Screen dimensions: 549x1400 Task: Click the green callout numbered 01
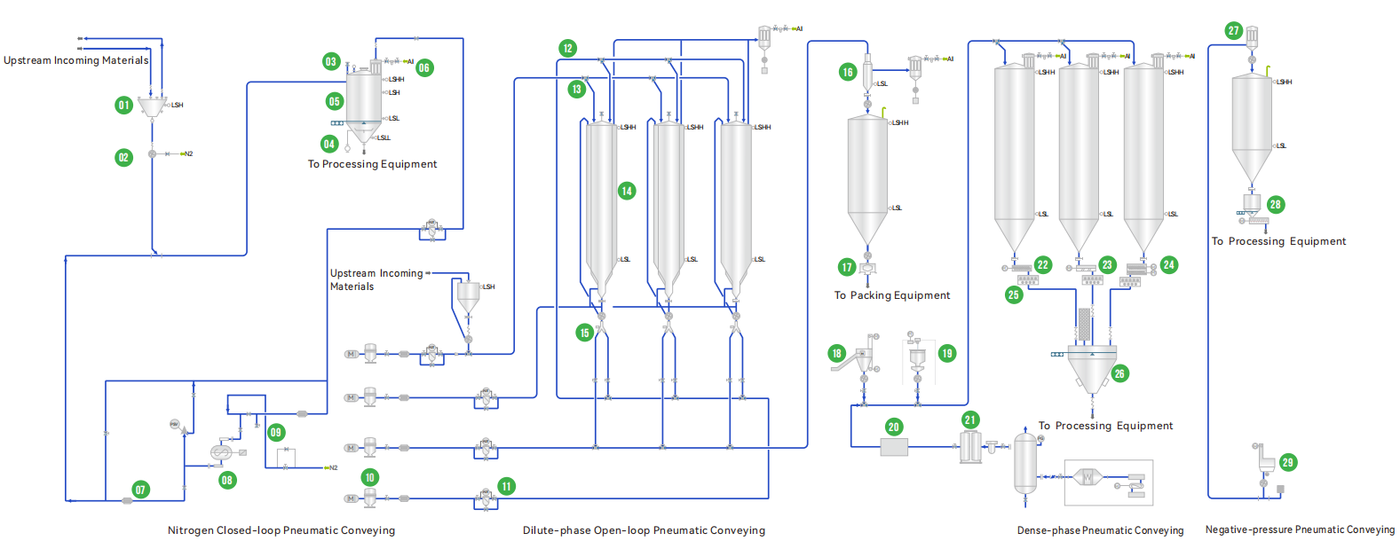point(123,106)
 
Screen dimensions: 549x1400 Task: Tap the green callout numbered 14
point(627,191)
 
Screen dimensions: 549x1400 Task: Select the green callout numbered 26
point(1119,373)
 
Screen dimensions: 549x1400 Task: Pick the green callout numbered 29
point(1288,462)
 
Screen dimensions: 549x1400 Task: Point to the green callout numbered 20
point(894,427)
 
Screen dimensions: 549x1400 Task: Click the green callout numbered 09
point(276,433)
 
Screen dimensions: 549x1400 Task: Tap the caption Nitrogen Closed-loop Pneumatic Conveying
point(281,530)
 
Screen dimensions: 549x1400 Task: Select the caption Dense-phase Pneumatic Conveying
point(1100,530)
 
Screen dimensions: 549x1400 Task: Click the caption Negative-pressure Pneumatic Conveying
point(1300,529)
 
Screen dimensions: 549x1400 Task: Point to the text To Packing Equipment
point(891,295)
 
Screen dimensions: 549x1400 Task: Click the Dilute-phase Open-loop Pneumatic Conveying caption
point(644,530)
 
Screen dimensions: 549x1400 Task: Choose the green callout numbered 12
point(568,48)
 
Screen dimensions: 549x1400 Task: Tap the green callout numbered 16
point(848,73)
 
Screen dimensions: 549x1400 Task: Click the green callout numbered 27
point(1233,31)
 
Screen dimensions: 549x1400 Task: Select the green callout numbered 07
point(140,490)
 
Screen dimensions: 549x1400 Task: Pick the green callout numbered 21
point(970,420)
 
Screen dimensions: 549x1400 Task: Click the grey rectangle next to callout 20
point(894,448)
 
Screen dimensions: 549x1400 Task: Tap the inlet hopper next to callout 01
point(152,107)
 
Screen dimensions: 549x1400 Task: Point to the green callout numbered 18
point(836,353)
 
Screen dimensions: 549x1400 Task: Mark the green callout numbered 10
point(370,477)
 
